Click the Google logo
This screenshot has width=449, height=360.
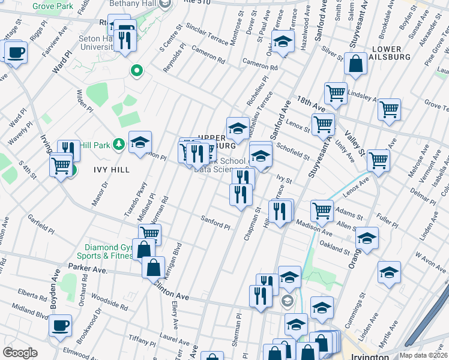click(x=20, y=352)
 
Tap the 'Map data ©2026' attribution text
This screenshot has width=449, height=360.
click(x=423, y=355)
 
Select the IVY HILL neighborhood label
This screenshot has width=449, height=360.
click(x=112, y=170)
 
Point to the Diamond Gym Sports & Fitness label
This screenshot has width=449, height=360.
click(x=108, y=251)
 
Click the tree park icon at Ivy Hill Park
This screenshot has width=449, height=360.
click(x=119, y=144)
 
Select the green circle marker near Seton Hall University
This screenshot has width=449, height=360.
click(x=137, y=71)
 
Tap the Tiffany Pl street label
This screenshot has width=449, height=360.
click(x=142, y=340)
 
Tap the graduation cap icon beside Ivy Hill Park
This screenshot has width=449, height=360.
click(x=140, y=142)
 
